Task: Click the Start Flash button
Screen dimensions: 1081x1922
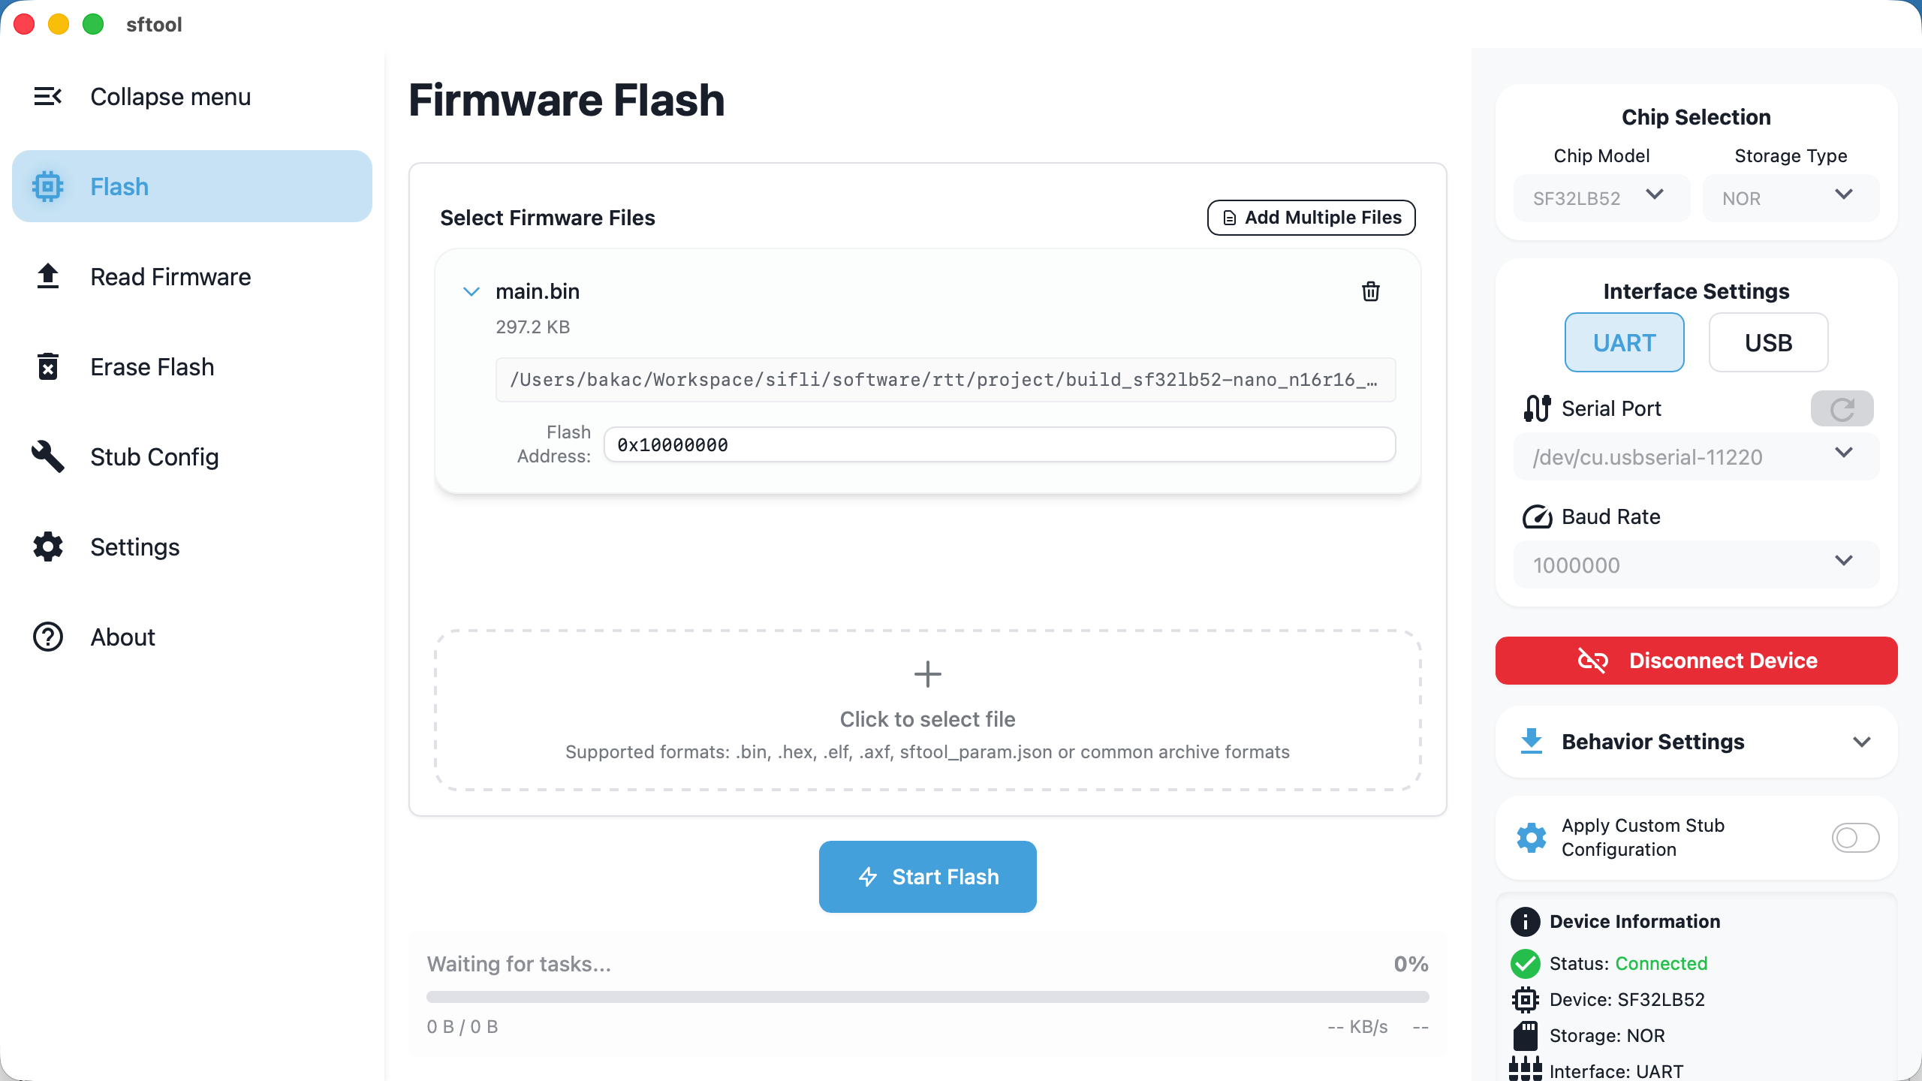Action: point(927,876)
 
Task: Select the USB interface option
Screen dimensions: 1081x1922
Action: point(1768,342)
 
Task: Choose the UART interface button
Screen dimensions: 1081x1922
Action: point(1624,342)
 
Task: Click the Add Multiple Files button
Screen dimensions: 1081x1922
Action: point(1311,218)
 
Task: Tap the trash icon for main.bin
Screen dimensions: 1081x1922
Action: point(1370,291)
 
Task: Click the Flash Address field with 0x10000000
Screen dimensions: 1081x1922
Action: point(999,444)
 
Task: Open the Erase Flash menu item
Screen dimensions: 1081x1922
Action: point(152,367)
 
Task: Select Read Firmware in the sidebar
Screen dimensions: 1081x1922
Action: point(170,277)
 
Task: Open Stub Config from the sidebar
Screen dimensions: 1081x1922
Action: point(154,457)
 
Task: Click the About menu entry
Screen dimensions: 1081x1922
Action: point(122,637)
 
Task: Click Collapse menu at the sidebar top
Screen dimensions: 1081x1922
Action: point(170,97)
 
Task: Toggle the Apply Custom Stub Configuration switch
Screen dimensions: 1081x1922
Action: point(1854,837)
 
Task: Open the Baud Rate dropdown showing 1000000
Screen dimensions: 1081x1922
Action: point(1695,565)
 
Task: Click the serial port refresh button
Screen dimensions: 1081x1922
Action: point(1841,408)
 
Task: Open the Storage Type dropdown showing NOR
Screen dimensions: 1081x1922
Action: point(1790,198)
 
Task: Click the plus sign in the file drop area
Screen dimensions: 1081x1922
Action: point(927,674)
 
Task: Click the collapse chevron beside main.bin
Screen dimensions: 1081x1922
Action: point(471,291)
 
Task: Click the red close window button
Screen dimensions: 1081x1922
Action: point(24,24)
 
